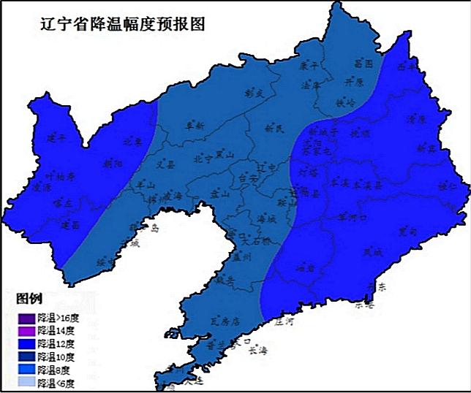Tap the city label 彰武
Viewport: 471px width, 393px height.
coord(254,94)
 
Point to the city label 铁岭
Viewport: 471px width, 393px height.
coord(344,103)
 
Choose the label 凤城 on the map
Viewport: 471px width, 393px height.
coord(373,252)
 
